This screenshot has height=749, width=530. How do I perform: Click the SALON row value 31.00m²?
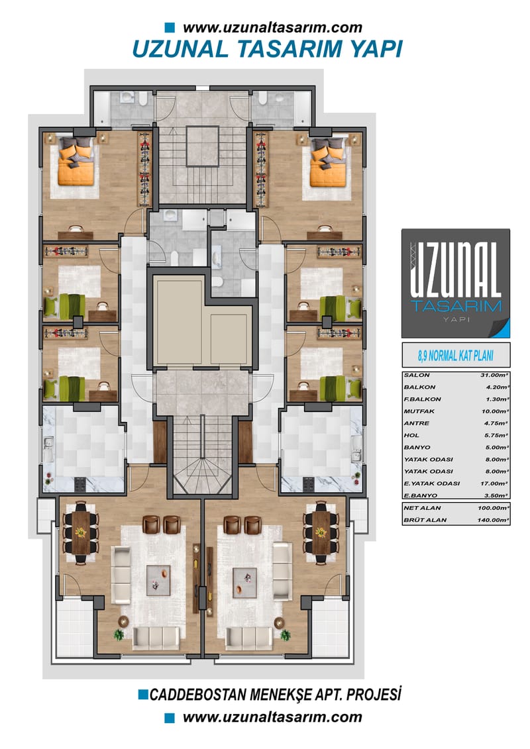[494, 375]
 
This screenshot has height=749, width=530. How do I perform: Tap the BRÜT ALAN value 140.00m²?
[493, 520]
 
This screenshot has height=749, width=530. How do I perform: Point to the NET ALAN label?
[422, 508]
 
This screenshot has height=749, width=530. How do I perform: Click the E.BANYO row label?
[420, 496]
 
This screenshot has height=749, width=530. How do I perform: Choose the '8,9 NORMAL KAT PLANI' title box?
[456, 356]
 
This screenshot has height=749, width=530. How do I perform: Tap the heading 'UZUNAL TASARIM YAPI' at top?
[267, 49]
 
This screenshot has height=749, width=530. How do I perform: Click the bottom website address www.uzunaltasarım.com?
[272, 717]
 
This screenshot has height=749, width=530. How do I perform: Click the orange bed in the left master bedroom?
[76, 162]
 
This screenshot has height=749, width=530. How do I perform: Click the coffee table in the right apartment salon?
[244, 582]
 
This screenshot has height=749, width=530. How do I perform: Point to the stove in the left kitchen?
[79, 484]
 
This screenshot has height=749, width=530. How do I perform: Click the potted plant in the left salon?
[119, 634]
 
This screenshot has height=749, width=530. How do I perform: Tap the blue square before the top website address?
[170, 27]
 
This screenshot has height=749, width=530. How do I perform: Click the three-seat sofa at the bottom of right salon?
[249, 638]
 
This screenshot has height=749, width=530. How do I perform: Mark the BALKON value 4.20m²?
[497, 387]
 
